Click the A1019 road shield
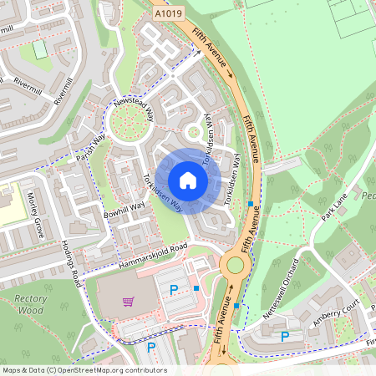(x=167, y=14)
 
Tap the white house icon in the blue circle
(x=188, y=180)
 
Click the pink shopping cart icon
(x=128, y=302)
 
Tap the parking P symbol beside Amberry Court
(x=285, y=336)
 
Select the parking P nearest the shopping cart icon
(x=174, y=290)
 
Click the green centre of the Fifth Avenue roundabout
(x=235, y=266)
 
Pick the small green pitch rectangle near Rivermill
(x=40, y=49)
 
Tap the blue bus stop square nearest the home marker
(x=251, y=204)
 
